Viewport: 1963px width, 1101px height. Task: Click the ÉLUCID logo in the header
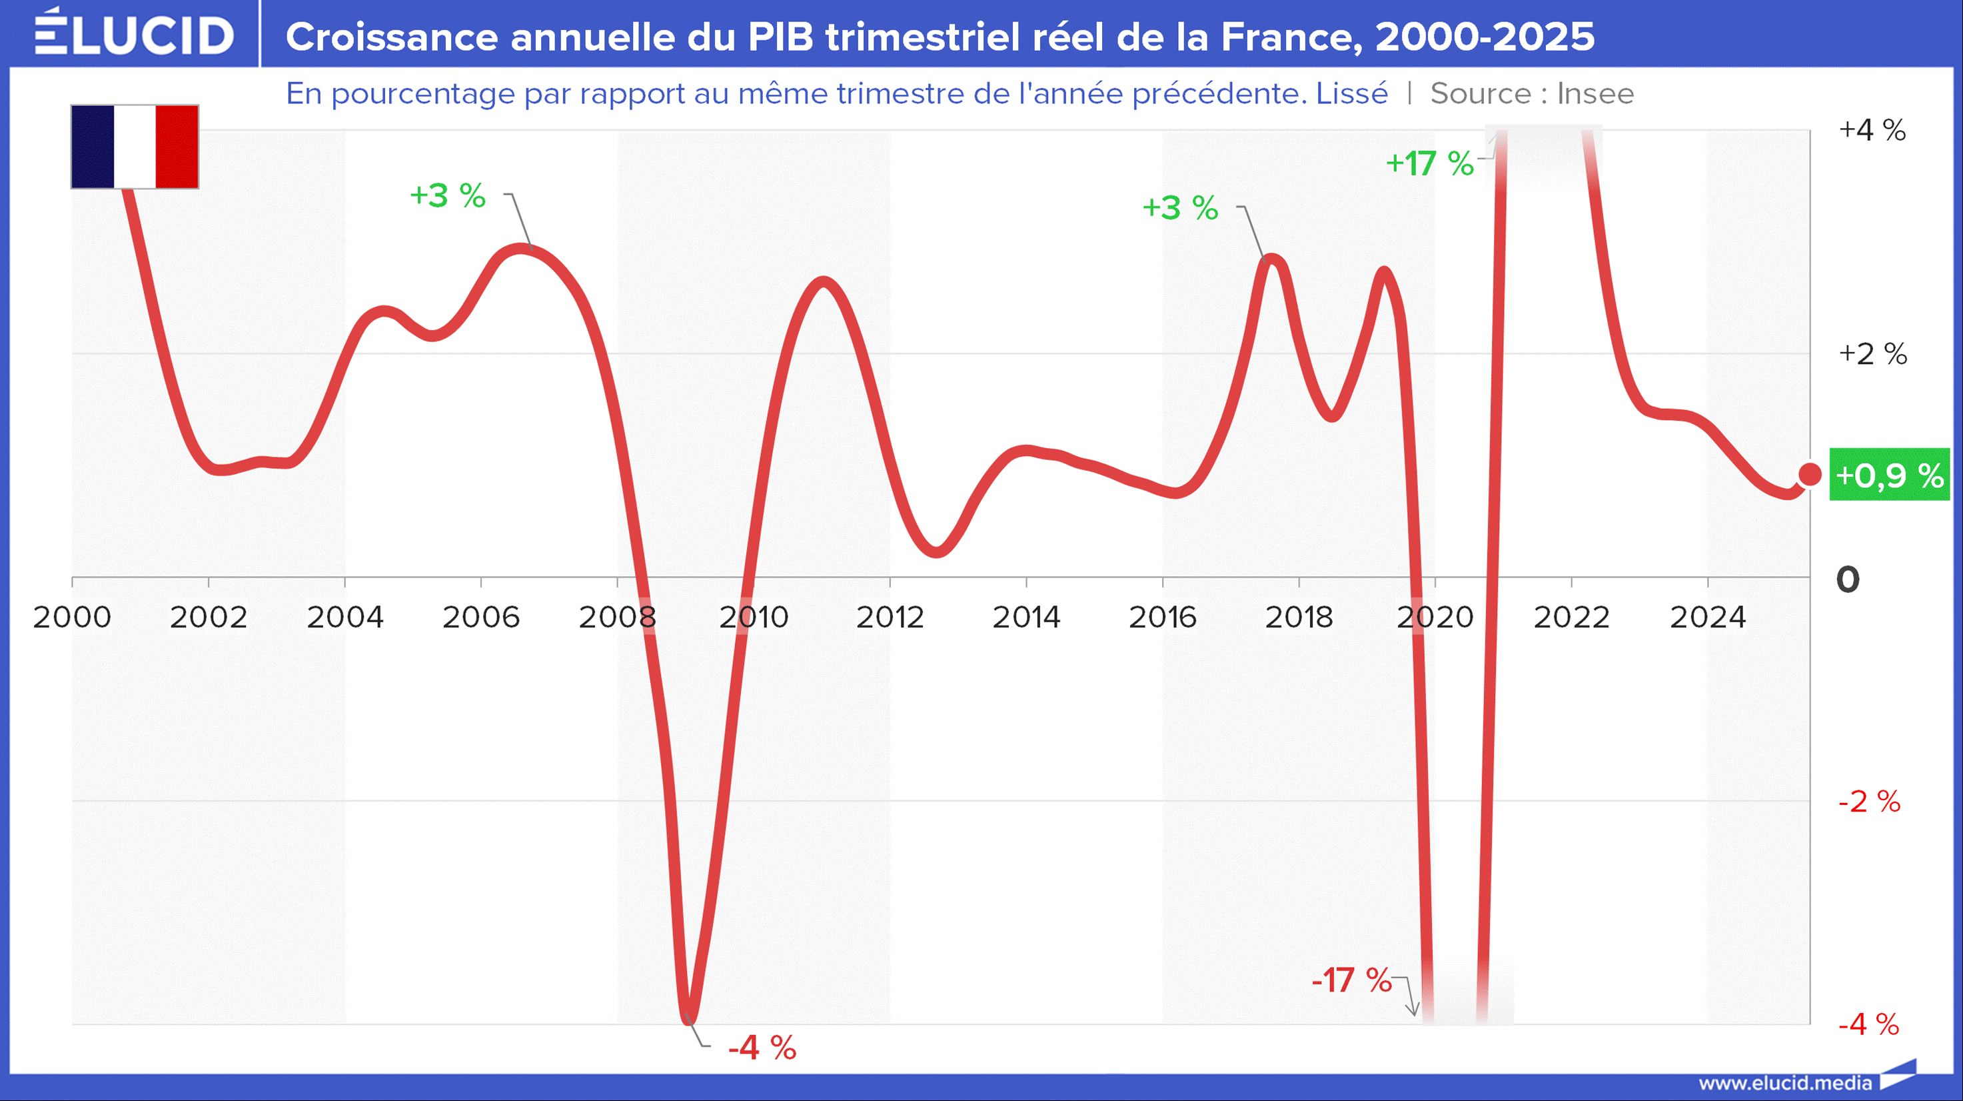click(134, 33)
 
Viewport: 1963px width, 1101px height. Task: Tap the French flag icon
click(135, 147)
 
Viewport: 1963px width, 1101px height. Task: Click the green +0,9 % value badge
click(1890, 475)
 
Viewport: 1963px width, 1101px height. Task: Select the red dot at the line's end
click(1810, 474)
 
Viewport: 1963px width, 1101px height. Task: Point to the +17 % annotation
click(1429, 163)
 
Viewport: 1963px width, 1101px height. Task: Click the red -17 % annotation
click(1351, 980)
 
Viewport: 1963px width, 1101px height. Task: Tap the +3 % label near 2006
click(447, 196)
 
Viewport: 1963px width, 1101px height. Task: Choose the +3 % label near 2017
click(1179, 208)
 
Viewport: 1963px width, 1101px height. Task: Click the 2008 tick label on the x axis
click(617, 618)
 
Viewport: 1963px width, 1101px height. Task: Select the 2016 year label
click(1163, 618)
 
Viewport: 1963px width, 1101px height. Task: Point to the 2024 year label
click(1708, 618)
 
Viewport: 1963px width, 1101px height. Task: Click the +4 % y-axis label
click(1872, 131)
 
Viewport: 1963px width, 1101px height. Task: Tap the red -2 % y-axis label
click(1869, 802)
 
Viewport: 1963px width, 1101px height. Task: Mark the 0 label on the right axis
click(1848, 580)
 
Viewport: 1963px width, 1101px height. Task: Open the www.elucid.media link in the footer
click(1784, 1083)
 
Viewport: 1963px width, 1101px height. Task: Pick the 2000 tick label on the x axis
click(73, 618)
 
